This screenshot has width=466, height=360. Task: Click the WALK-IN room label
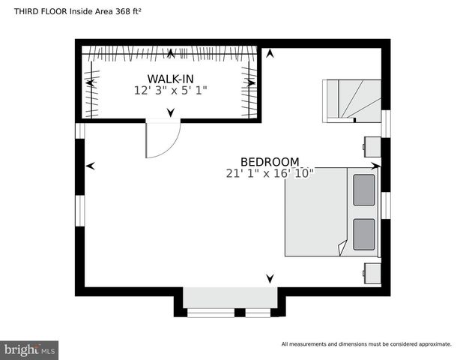click(x=171, y=79)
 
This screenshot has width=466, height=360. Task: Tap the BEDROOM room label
click(x=270, y=161)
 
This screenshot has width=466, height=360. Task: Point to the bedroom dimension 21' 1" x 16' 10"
click(x=270, y=173)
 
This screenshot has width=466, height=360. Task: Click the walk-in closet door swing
click(x=162, y=139)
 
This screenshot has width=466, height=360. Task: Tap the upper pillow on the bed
click(x=364, y=190)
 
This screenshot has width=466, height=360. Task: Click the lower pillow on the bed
click(x=364, y=234)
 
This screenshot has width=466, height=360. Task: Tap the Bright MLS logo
click(x=30, y=349)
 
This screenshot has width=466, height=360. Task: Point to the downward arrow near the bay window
click(x=270, y=279)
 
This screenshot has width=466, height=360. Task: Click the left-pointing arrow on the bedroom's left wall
click(x=91, y=166)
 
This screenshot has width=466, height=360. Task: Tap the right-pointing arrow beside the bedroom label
click(x=376, y=164)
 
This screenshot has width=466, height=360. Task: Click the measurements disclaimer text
click(x=366, y=344)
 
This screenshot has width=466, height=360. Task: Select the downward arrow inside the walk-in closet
click(x=171, y=112)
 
